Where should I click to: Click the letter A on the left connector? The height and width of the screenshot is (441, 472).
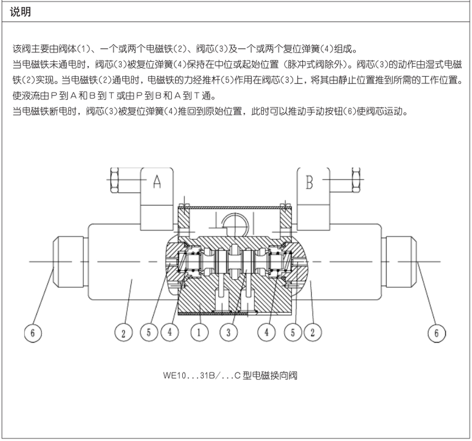coord(157,182)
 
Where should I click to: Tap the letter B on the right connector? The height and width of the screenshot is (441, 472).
coord(310,182)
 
